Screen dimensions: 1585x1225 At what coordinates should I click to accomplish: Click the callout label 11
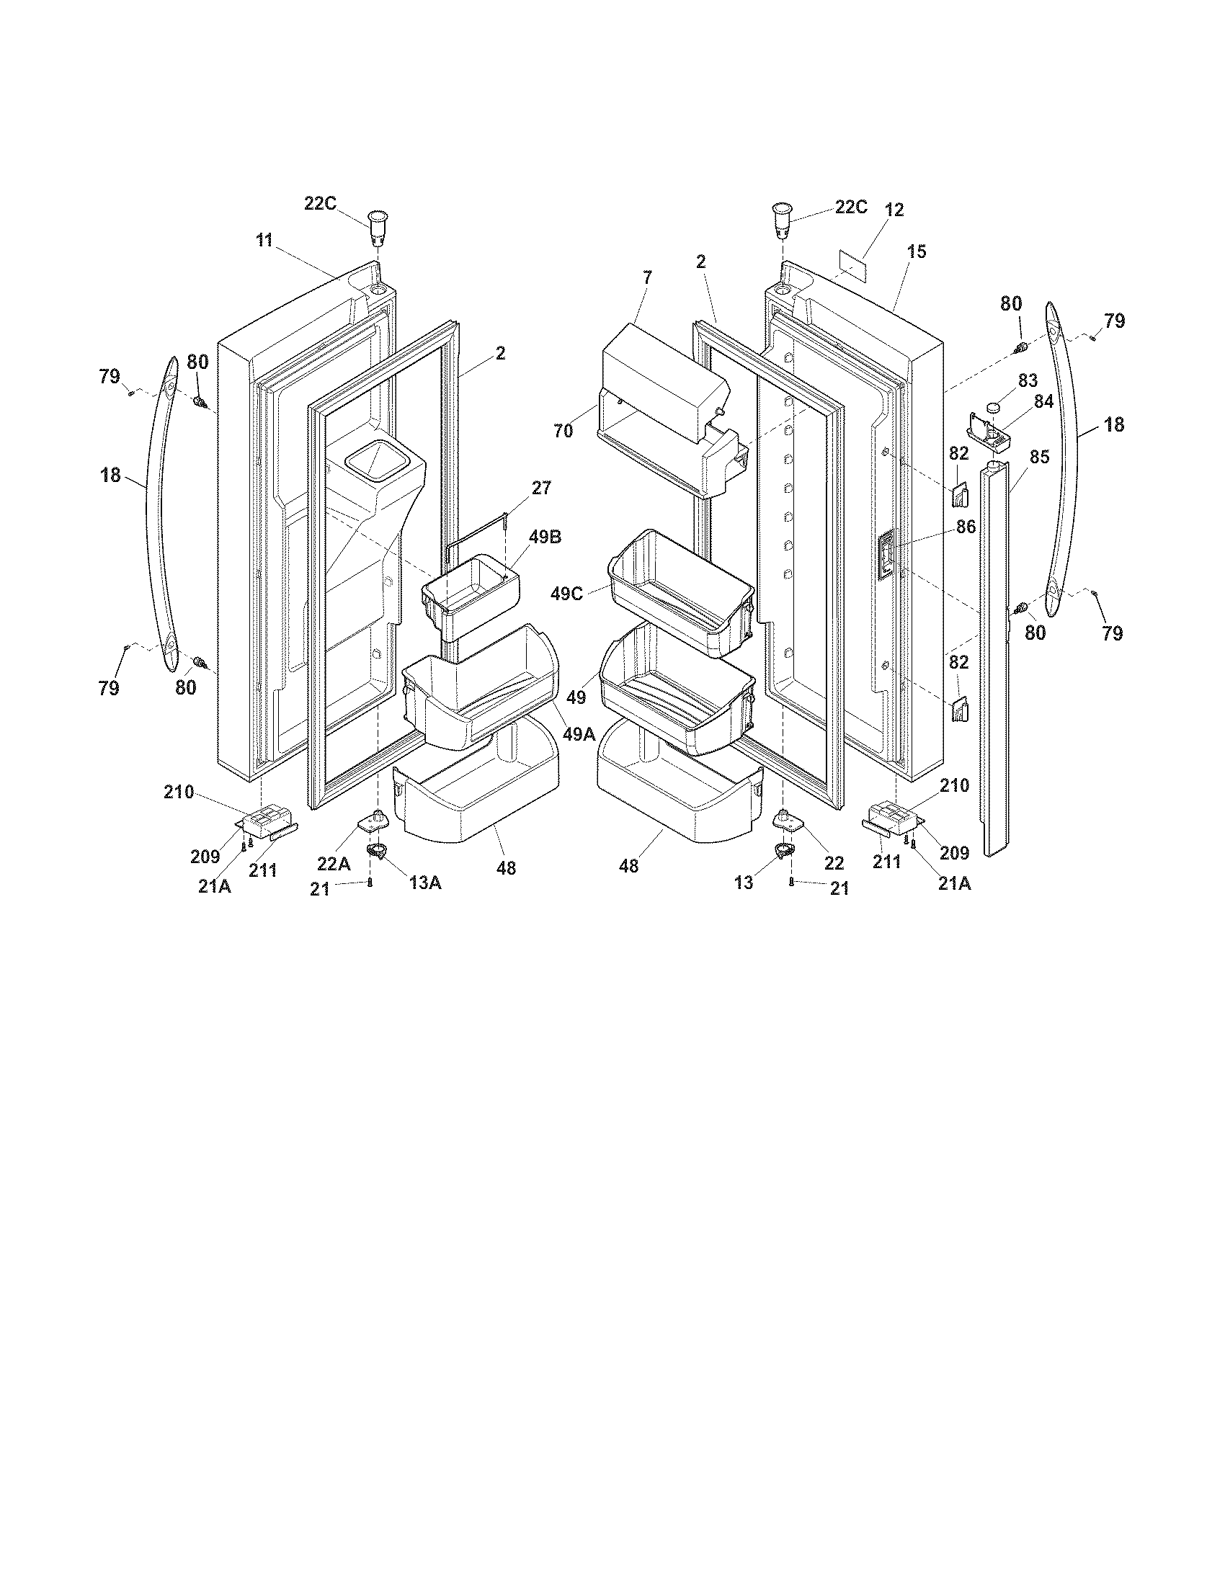pyautogui.click(x=264, y=240)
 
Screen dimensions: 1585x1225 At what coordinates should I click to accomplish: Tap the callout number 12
pyautogui.click(x=894, y=210)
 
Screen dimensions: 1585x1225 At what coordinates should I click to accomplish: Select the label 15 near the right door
pyautogui.click(x=916, y=252)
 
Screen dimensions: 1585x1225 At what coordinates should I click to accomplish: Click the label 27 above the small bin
pyautogui.click(x=541, y=488)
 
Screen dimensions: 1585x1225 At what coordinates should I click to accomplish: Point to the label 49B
pyautogui.click(x=544, y=537)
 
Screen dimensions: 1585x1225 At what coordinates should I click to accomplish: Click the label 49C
pyautogui.click(x=566, y=594)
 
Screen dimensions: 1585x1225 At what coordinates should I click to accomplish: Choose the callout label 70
pyautogui.click(x=563, y=431)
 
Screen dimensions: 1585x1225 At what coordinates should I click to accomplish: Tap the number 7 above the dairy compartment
pyautogui.click(x=647, y=277)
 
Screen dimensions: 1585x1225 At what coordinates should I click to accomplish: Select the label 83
pyautogui.click(x=1027, y=380)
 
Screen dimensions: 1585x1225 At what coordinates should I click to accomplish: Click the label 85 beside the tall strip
pyautogui.click(x=1038, y=457)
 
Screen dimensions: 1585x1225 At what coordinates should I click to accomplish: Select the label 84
pyautogui.click(x=1043, y=401)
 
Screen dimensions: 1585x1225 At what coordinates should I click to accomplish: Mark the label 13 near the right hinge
pyautogui.click(x=744, y=883)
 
